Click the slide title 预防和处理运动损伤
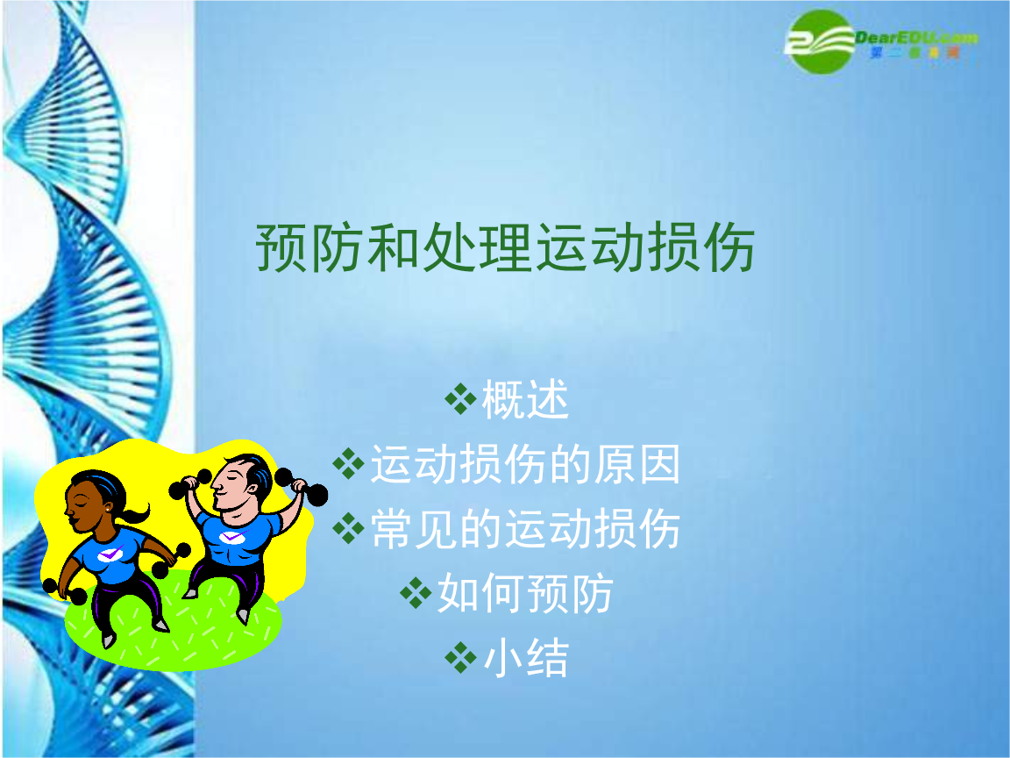point(504,248)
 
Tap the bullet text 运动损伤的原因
point(525,464)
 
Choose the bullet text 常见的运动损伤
point(525,529)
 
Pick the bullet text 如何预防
point(525,594)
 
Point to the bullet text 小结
point(526,658)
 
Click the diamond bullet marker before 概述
point(460,401)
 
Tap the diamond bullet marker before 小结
point(460,658)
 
